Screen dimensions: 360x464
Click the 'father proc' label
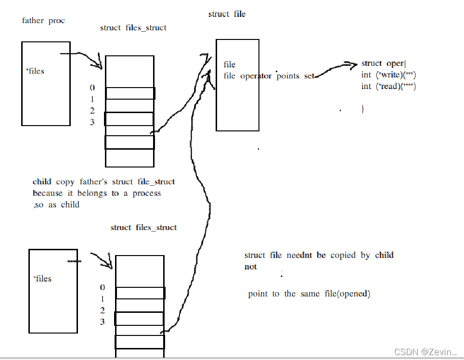click(43, 21)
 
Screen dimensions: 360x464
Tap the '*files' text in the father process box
click(35, 71)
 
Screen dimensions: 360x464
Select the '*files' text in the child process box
click(42, 279)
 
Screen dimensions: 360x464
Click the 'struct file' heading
click(227, 14)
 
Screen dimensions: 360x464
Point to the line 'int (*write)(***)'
click(388, 75)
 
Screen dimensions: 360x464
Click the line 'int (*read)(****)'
click(388, 87)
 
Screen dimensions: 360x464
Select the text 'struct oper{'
click(384, 64)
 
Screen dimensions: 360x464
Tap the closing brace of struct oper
click(363, 109)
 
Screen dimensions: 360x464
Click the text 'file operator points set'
click(269, 76)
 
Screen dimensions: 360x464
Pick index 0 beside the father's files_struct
click(92, 88)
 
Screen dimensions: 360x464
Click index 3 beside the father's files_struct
click(92, 122)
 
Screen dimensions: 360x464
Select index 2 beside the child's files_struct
click(102, 310)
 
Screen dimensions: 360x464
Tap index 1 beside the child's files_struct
click(102, 299)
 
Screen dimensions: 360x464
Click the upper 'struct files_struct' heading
click(133, 28)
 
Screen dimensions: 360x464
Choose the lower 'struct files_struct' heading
click(143, 228)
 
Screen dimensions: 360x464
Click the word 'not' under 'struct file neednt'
click(250, 267)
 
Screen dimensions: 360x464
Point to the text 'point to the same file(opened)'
click(309, 294)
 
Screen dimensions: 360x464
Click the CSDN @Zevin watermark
click(425, 352)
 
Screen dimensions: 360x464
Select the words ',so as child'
click(56, 205)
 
